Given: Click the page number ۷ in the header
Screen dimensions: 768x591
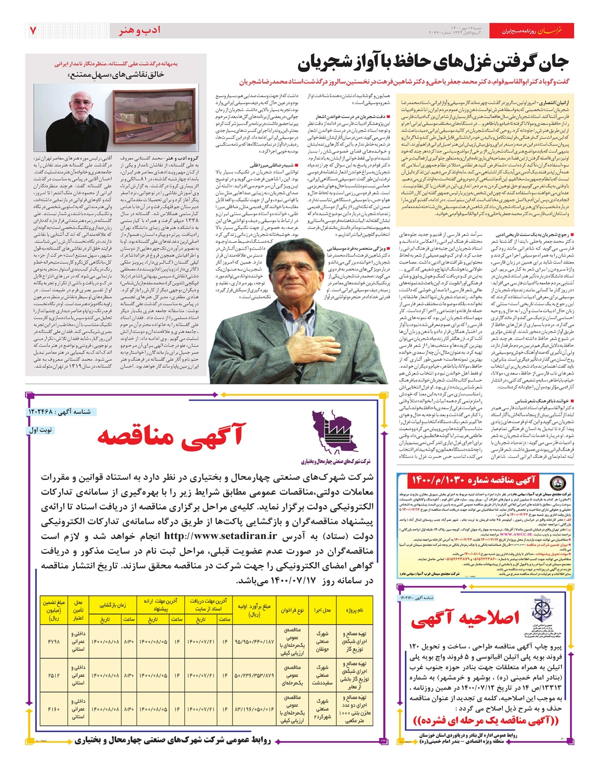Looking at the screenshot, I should pos(33,31).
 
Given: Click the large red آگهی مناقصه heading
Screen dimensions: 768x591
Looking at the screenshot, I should pos(170,435).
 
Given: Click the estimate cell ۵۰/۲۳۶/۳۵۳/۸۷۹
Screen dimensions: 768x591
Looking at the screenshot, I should pos(254,675).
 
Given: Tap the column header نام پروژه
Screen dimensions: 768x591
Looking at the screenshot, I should pos(354,610).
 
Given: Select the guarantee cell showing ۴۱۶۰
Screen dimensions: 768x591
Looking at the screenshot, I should pos(54,709).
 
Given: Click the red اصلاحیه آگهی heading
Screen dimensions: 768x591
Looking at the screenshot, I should pos(465,619).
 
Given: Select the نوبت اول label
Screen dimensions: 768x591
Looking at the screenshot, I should pos(41,430).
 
